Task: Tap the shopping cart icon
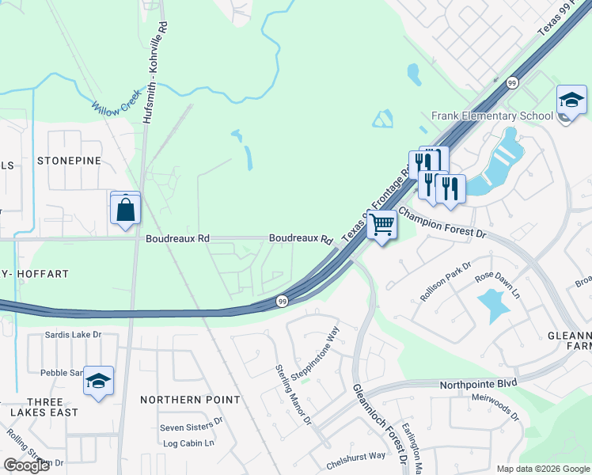(x=381, y=225)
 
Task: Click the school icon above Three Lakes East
(x=98, y=382)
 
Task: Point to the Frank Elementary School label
(x=491, y=116)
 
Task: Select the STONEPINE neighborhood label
(x=70, y=161)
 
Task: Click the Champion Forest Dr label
(x=441, y=222)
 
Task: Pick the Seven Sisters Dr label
(x=197, y=427)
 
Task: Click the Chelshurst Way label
(x=355, y=456)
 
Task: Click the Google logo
(x=26, y=465)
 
